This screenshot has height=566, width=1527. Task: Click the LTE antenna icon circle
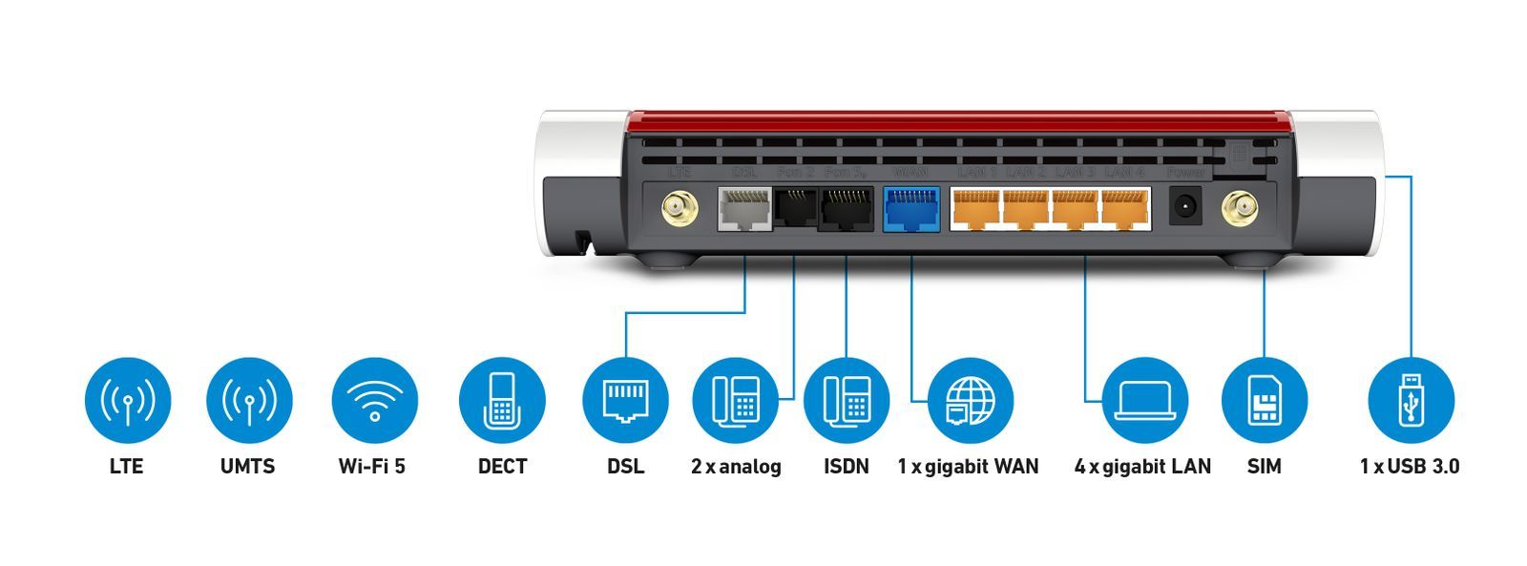(127, 400)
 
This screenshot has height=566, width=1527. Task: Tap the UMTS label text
(247, 467)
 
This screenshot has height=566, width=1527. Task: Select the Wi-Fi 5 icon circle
(374, 400)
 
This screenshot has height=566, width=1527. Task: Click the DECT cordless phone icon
(502, 400)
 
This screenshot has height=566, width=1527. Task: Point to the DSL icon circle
(625, 400)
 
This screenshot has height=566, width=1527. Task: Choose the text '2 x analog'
(736, 467)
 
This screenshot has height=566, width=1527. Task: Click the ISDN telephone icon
(846, 400)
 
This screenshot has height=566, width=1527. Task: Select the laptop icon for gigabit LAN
(1144, 400)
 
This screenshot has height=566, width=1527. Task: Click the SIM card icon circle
(1264, 400)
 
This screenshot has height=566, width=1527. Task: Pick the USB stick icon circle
(1411, 400)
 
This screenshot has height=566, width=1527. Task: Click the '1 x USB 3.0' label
(1410, 467)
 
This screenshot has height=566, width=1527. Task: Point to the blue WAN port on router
(911, 209)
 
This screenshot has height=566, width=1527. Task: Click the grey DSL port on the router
(744, 208)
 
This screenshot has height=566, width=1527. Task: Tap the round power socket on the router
(1185, 206)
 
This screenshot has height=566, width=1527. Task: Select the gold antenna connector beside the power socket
(1239, 207)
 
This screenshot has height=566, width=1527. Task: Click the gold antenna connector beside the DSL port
(679, 208)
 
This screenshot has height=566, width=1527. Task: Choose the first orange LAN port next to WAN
(975, 209)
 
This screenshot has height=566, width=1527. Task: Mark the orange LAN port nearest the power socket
(1125, 209)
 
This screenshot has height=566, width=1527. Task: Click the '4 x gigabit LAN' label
(1142, 467)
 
